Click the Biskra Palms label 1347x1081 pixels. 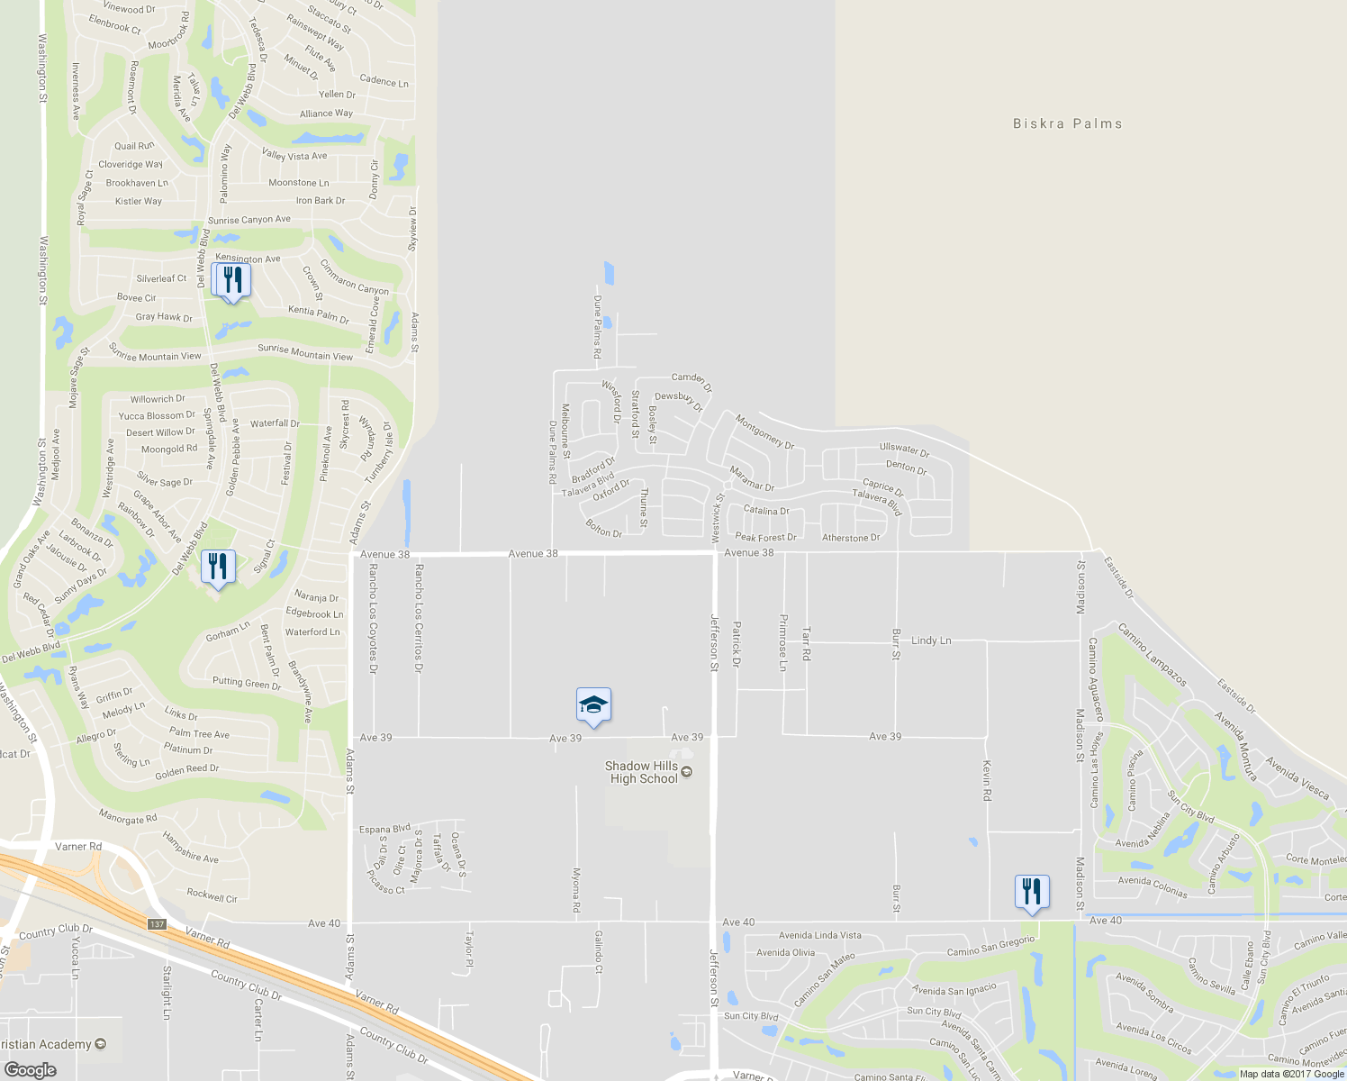pos(1067,123)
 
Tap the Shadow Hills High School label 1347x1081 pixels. pos(643,772)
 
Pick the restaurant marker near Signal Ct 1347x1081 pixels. pos(218,568)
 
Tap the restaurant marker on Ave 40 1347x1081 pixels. pos(1031,892)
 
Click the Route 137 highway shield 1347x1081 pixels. pos(158,924)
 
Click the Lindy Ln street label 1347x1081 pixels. pos(931,640)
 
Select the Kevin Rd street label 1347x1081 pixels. pos(987,780)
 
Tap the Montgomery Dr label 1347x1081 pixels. pos(764,432)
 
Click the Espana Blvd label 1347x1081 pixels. pos(384,829)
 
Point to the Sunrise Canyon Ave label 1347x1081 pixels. pos(249,220)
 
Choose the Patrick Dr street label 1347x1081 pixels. pos(736,643)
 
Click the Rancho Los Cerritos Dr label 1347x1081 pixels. pos(418,619)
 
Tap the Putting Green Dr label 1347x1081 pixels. pos(247,683)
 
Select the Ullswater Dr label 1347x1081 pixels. pos(904,450)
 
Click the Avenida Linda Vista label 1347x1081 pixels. pos(819,935)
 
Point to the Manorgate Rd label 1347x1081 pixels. pos(128,818)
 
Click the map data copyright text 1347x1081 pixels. pos(1291,1074)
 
